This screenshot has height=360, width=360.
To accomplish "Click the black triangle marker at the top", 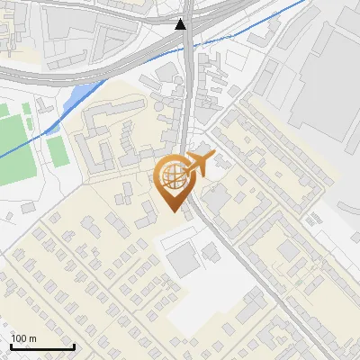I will [x=182, y=24].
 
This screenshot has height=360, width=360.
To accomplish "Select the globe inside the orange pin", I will [x=172, y=175].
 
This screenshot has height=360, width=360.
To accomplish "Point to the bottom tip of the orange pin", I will [x=173, y=211].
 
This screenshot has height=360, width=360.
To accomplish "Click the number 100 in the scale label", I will [x=19, y=338].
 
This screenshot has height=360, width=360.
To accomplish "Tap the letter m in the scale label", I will [x=32, y=338].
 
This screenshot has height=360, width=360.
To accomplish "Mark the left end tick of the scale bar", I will [x=11, y=346].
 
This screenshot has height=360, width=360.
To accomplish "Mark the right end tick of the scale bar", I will [x=74, y=346].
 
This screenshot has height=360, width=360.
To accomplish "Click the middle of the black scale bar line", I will [x=42, y=347].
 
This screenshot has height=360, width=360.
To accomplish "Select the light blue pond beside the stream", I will [x=82, y=92].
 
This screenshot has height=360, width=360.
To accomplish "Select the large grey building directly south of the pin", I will [x=185, y=260].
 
